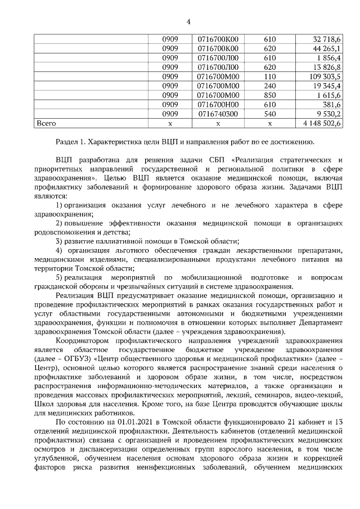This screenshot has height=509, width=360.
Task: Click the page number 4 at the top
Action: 188,21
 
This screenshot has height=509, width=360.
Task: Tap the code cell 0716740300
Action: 218,113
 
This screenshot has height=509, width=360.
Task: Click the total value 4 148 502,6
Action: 321,123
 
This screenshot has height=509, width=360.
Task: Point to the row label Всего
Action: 46,123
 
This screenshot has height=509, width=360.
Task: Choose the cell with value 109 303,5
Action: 325,76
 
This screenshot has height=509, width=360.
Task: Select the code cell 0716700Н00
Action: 218,104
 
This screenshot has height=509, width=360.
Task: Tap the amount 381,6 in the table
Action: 332,104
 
